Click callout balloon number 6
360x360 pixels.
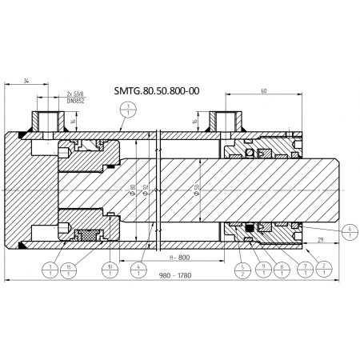350,232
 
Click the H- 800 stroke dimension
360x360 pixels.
179,258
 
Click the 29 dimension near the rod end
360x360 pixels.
319,240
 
